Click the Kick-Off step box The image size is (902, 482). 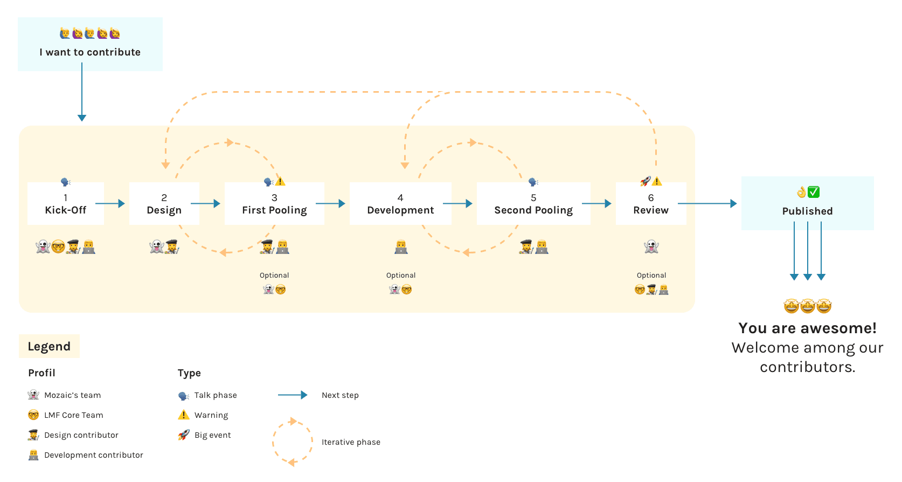(x=66, y=204)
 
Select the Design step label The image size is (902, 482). (x=164, y=210)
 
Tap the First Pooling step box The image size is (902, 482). (x=274, y=204)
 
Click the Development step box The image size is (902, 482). (x=400, y=204)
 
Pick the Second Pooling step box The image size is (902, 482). (x=533, y=204)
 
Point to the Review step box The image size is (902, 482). (x=651, y=204)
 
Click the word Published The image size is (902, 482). (x=807, y=211)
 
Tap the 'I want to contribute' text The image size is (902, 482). (x=90, y=52)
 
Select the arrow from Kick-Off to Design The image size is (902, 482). (x=110, y=204)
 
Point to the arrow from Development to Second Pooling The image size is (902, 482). (x=457, y=204)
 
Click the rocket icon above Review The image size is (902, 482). (x=645, y=181)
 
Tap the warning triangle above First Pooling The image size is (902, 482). (x=280, y=182)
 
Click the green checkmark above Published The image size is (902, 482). (x=814, y=192)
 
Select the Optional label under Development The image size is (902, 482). (x=401, y=276)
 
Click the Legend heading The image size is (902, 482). (x=49, y=347)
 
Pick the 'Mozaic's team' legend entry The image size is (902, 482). (x=72, y=395)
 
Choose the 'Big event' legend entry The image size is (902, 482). (x=212, y=435)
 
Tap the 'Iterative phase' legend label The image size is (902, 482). (x=351, y=442)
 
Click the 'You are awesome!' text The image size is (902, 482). (x=807, y=328)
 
